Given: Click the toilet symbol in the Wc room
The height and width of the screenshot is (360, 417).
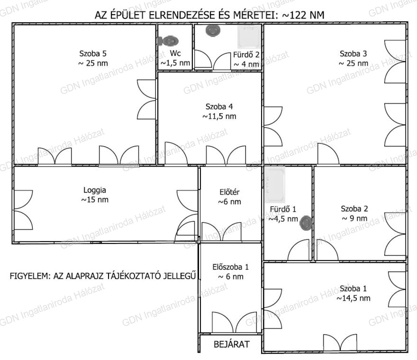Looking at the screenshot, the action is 168,41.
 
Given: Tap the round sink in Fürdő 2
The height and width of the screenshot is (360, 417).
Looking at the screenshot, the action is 213,30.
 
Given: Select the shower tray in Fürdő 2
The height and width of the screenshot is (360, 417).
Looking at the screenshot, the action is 249,37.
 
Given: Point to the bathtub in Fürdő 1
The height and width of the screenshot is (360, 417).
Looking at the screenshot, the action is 275,185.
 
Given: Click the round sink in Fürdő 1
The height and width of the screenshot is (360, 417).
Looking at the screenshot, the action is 306,223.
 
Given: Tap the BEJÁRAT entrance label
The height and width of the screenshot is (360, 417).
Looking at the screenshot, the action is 232,344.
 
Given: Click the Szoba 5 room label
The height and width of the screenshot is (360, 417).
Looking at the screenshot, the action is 93,54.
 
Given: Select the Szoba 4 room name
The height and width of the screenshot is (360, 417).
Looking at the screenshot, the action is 219,107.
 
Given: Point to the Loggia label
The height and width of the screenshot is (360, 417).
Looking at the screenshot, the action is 95,190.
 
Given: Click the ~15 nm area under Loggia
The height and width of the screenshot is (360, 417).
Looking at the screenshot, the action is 95,200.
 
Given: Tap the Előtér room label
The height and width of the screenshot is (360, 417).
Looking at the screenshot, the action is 229,192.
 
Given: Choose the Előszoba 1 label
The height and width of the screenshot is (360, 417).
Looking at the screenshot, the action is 230,267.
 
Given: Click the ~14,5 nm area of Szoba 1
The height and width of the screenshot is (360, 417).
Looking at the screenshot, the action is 353,298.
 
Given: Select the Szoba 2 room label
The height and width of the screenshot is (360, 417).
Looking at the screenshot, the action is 354,209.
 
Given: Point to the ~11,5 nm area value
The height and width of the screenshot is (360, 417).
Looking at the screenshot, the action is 219,116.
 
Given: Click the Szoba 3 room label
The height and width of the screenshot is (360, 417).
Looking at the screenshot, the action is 353,54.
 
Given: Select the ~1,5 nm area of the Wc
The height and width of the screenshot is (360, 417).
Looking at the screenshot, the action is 175,63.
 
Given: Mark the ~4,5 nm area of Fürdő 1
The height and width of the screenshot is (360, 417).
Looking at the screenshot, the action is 283,219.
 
